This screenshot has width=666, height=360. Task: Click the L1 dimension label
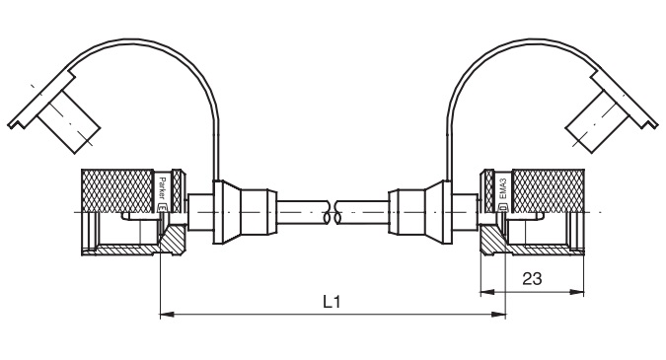click(332, 302)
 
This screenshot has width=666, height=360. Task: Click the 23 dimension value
click(532, 279)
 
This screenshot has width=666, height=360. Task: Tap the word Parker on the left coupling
click(161, 188)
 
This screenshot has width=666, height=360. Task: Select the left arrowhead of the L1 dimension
click(167, 315)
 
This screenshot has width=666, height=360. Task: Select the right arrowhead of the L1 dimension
click(498, 315)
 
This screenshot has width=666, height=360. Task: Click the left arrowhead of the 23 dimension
click(488, 292)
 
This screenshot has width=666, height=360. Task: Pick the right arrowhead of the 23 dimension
click(576, 292)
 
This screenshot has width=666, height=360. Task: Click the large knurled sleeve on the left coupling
click(117, 190)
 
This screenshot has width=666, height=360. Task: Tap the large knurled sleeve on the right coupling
click(549, 190)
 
